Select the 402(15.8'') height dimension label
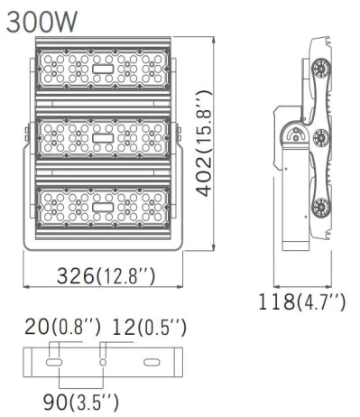pos(204,144)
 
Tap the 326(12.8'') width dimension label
pos(106,276)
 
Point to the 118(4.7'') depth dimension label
pos(302,301)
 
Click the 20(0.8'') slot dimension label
pos(62,327)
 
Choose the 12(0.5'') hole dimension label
pos(149,327)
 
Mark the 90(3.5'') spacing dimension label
pos(81,403)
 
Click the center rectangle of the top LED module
pos(103,69)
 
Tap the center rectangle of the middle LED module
pos(103,138)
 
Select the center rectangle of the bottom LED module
pos(103,207)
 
